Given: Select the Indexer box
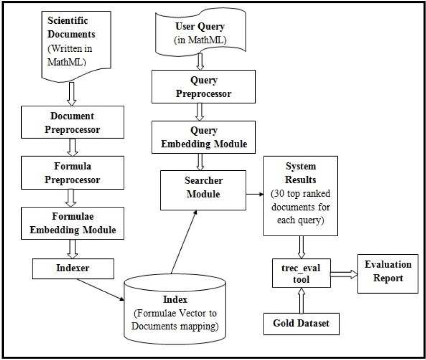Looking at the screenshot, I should pyautogui.click(x=73, y=268).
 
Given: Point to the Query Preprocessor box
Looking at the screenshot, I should pyautogui.click(x=204, y=87).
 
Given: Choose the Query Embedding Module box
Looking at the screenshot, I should pyautogui.click(x=204, y=138).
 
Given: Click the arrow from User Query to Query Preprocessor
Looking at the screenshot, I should pyautogui.click(x=200, y=61).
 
